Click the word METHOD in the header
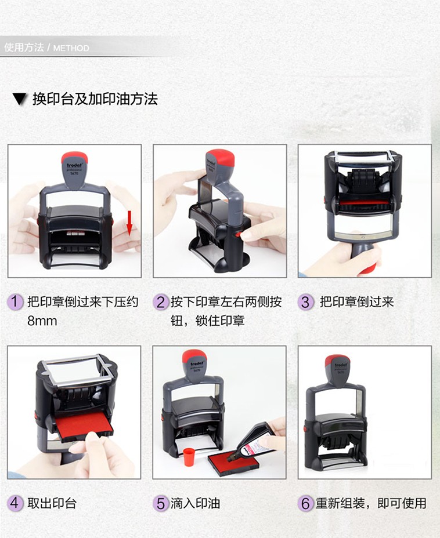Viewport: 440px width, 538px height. [x=71, y=48]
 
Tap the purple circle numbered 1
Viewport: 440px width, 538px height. [x=15, y=302]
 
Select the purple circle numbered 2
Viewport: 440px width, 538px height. [x=161, y=302]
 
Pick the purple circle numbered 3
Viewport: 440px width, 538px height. [x=306, y=302]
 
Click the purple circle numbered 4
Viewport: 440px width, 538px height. [x=15, y=503]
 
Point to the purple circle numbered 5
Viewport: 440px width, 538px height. [x=161, y=503]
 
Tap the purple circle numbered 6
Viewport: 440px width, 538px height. [x=306, y=503]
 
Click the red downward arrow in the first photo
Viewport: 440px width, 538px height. [x=129, y=223]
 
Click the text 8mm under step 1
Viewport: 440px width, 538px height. [x=42, y=321]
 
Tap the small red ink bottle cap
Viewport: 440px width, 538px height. [x=188, y=457]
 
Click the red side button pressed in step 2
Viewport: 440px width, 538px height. [x=237, y=235]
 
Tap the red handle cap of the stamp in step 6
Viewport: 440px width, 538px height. [x=338, y=361]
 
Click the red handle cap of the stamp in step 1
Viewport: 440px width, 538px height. [x=74, y=158]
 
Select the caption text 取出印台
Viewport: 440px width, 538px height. [x=52, y=503]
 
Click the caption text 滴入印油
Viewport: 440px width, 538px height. [x=196, y=503]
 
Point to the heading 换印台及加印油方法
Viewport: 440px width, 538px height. [x=95, y=99]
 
